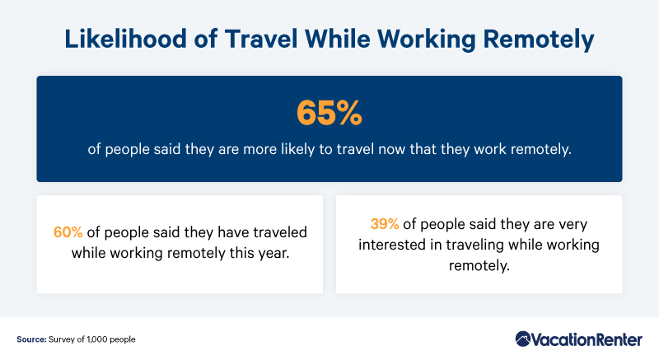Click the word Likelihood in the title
pyautogui.click(x=126, y=39)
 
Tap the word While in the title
pyautogui.click(x=338, y=39)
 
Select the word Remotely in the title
pyautogui.click(x=539, y=40)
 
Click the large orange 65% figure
pyautogui.click(x=329, y=113)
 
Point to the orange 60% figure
pyautogui.click(x=68, y=232)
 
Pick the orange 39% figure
pyautogui.click(x=385, y=224)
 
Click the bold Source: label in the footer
pyautogui.click(x=31, y=339)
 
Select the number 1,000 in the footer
pyautogui.click(x=97, y=339)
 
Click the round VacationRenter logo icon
pyautogui.click(x=523, y=339)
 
